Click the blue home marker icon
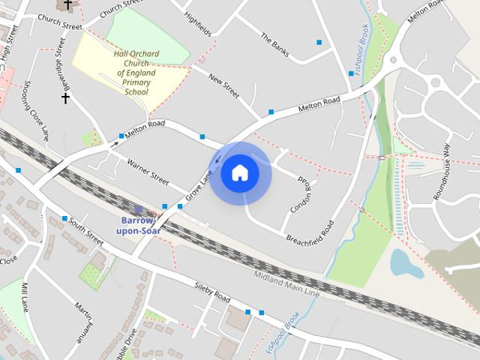click(239, 173)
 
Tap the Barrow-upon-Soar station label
click(137, 225)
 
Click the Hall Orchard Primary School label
click(135, 73)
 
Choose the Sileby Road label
click(211, 292)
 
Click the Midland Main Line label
click(286, 283)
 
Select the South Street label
click(85, 231)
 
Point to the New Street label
click(223, 85)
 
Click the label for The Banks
click(274, 44)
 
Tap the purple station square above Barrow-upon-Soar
click(139, 208)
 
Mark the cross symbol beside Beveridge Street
click(65, 98)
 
